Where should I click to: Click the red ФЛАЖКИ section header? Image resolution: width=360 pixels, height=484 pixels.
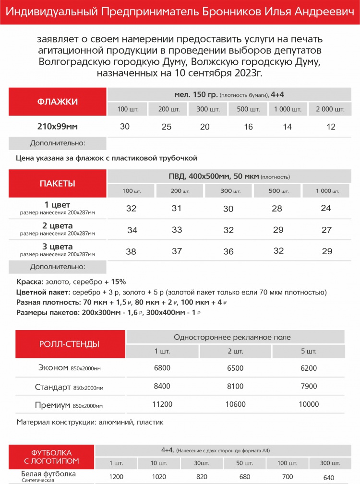pos(58,102)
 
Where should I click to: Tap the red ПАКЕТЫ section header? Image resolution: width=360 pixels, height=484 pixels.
pos(57,184)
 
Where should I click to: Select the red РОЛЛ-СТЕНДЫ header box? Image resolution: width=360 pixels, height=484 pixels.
pos(69,344)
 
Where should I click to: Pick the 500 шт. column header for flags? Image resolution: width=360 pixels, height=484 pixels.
pos(249,109)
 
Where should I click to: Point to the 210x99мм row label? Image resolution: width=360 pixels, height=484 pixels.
pos(58,127)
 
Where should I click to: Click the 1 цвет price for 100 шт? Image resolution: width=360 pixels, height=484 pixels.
pos(131,209)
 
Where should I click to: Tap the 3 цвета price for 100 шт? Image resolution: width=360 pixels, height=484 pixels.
pos(131,251)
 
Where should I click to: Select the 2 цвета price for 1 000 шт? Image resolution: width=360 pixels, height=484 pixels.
pos(327,230)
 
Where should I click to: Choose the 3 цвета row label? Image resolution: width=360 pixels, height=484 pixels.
pos(58,247)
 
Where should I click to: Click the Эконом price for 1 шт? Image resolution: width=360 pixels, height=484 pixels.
pos(162,368)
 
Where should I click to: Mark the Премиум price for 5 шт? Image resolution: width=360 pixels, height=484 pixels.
pos(309,404)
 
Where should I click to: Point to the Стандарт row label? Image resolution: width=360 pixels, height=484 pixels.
pos(53,387)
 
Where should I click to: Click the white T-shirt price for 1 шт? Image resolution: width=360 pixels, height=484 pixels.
pos(116,477)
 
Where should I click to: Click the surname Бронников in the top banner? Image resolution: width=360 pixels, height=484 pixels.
pos(227,12)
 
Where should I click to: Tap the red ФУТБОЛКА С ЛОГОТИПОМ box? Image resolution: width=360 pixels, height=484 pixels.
pos(51,457)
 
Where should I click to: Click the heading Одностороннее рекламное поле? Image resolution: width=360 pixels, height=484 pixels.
pos(235,337)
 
